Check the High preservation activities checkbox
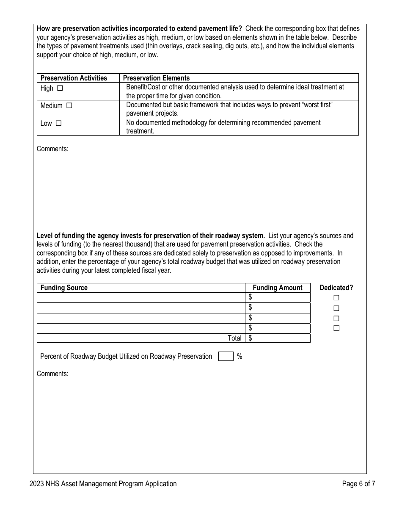point(60,89)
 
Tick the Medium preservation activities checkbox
point(69,106)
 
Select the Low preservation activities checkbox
point(59,124)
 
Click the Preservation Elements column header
point(156,78)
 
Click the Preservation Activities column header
point(74,78)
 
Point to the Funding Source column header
point(64,288)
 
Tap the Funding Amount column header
point(278,288)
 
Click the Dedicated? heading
point(336,288)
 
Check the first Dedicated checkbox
point(336,298)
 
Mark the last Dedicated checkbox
point(336,328)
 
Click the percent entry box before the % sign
point(226,356)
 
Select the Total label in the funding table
point(234,338)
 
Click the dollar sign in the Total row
point(251,338)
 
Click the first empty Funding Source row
point(141,298)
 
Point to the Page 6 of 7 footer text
point(358,484)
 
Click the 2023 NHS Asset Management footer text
point(103,484)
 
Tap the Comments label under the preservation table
point(52,149)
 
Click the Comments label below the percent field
point(52,374)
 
